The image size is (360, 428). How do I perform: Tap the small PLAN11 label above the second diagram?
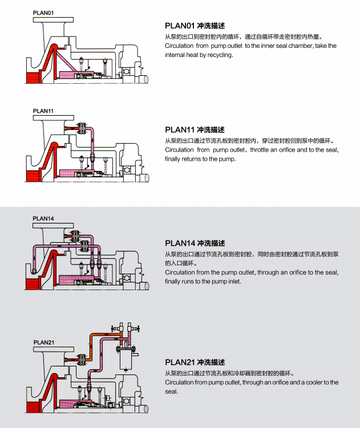(x=43, y=111)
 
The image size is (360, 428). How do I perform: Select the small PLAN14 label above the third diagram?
(x=43, y=218)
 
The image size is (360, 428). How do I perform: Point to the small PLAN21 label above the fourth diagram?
(x=44, y=343)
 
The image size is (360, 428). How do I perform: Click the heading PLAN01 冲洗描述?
(x=195, y=26)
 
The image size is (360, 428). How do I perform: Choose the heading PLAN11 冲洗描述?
(x=195, y=130)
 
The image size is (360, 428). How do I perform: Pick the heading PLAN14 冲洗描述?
(x=195, y=243)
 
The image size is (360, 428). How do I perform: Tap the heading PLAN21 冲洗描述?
(x=195, y=362)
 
